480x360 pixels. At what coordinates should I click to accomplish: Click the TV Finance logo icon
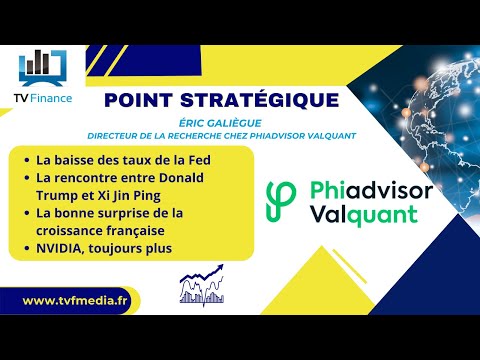coord(42,64)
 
